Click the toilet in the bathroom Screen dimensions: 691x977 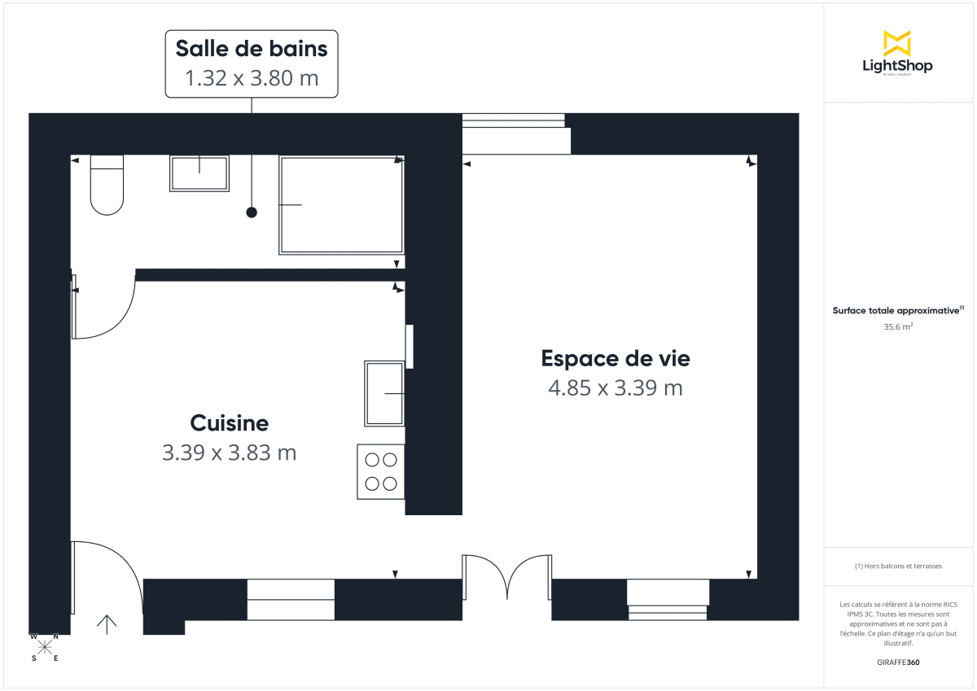[x=107, y=186]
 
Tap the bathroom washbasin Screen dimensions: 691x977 [x=199, y=173]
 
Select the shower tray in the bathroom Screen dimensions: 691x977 [x=342, y=205]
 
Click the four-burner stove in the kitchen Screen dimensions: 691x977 [x=381, y=471]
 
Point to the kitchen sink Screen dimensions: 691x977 [x=384, y=394]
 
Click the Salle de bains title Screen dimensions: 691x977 [x=252, y=49]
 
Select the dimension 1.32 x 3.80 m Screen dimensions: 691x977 [x=252, y=79]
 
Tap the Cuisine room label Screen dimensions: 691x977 [x=229, y=423]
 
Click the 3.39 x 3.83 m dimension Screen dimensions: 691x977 [x=229, y=453]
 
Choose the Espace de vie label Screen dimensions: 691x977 [x=616, y=358]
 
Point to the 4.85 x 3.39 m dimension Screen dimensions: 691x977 [x=616, y=388]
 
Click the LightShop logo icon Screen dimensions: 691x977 [x=897, y=43]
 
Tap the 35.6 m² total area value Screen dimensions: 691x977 [x=897, y=327]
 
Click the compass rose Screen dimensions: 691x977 [x=45, y=647]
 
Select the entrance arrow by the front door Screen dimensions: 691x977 [x=107, y=623]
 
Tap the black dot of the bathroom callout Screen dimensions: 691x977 [x=252, y=212]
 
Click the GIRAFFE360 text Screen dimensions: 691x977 [x=897, y=663]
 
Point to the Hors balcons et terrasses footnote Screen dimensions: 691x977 [x=897, y=566]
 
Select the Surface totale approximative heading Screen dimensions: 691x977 [x=897, y=310]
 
